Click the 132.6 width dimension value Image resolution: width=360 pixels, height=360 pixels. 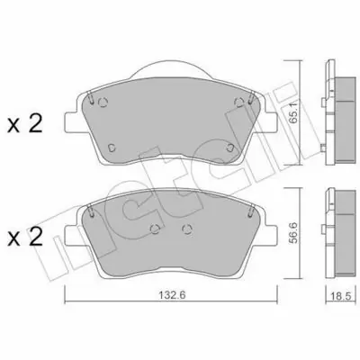point(172,295)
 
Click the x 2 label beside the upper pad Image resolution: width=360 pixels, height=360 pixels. point(25,125)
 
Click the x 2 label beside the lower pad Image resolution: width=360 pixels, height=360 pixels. point(25,238)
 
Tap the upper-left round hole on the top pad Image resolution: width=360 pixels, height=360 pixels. point(103,103)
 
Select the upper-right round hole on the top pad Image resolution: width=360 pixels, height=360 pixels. point(239,103)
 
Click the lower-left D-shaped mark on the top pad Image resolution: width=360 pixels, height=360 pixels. point(112,148)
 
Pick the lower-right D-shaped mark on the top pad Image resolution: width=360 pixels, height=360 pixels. point(230,148)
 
